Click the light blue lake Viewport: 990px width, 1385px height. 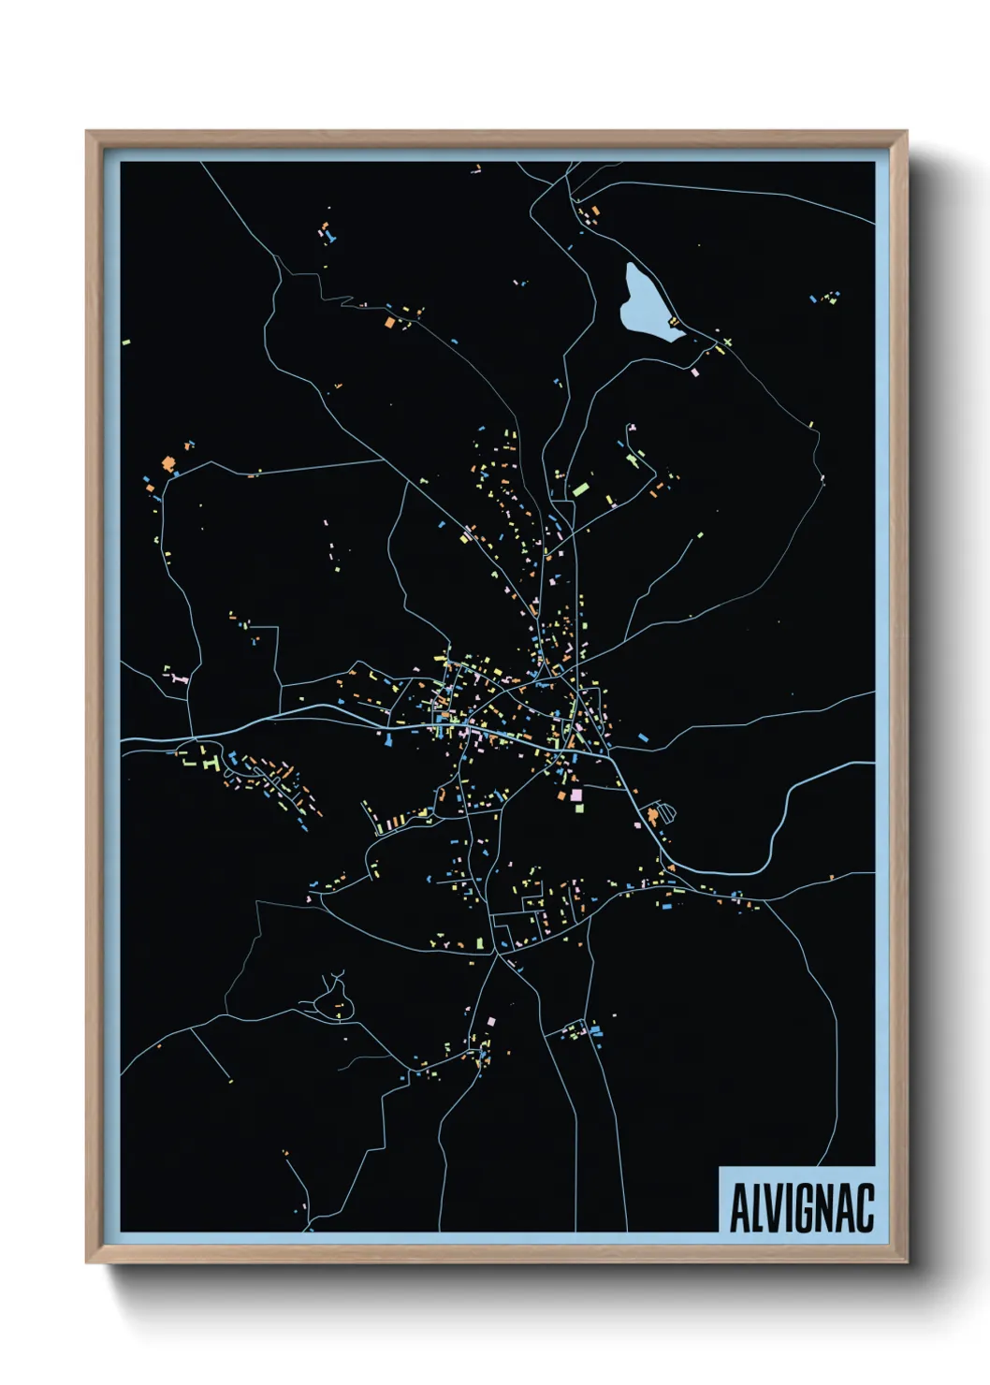click(646, 304)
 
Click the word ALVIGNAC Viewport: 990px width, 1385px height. click(801, 1207)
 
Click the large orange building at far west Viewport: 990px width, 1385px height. click(168, 462)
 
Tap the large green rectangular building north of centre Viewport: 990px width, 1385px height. click(581, 488)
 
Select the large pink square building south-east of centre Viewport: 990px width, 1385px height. click(576, 795)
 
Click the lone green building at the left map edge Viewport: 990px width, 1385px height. click(126, 343)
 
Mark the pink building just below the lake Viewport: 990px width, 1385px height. click(694, 372)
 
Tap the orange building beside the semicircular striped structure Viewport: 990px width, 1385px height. click(651, 816)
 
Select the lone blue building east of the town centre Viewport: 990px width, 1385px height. click(643, 738)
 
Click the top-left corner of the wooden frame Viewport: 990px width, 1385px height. click(87, 132)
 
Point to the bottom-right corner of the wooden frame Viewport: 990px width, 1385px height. click(906, 1261)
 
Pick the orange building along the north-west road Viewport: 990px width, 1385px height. click(388, 322)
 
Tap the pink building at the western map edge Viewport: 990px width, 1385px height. click(176, 677)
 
